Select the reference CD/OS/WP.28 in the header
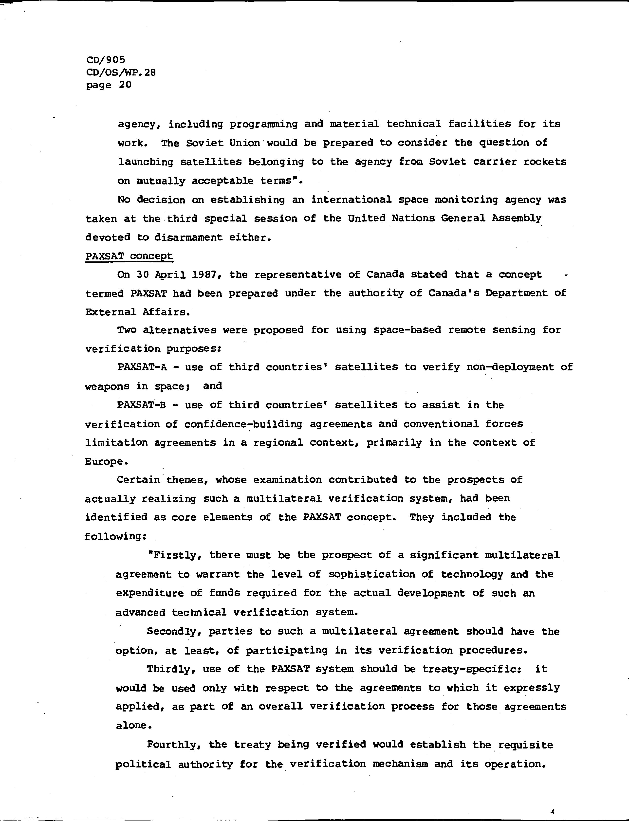click(121, 72)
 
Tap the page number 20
click(125, 85)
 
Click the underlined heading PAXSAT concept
click(129, 256)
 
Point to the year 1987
click(204, 275)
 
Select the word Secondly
click(174, 632)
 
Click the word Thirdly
click(171, 669)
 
